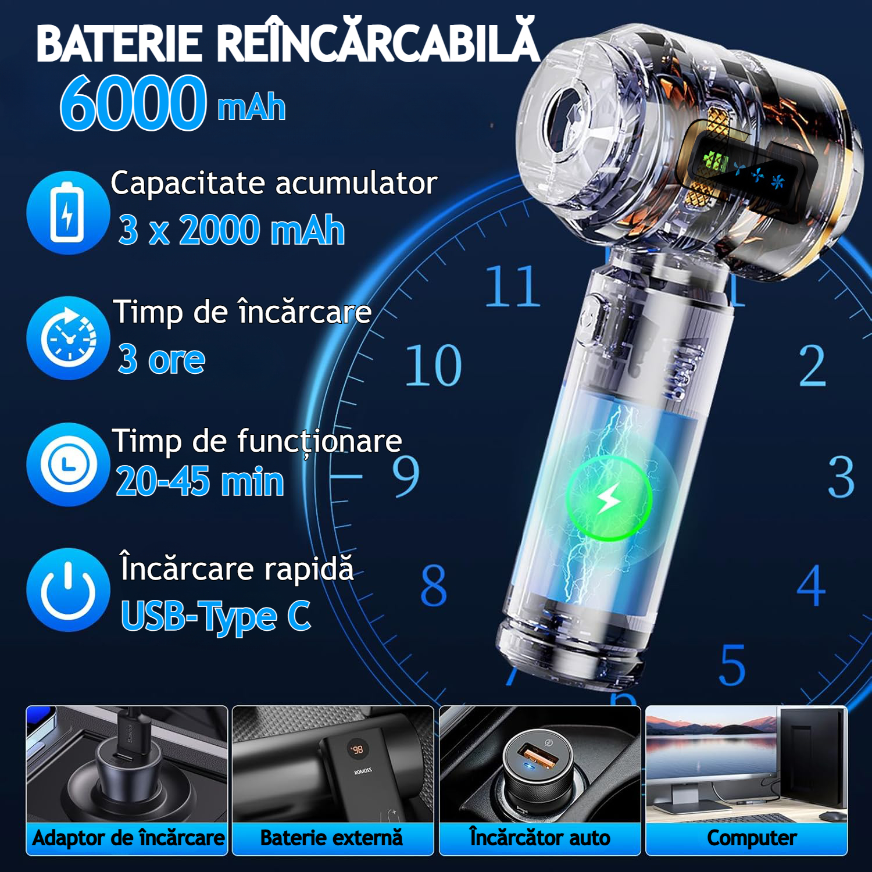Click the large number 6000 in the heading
[x=133, y=103]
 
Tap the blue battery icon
[x=68, y=213]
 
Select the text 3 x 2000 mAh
[x=231, y=230]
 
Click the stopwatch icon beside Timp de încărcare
[x=68, y=338]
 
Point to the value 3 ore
[x=162, y=359]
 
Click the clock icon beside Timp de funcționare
[x=68, y=464]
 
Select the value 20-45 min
[x=200, y=482]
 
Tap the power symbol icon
[x=68, y=589]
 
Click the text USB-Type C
[x=216, y=616]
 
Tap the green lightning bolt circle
[x=609, y=498]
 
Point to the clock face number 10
[x=434, y=366]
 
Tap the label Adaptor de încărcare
[x=128, y=838]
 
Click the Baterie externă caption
[x=331, y=838]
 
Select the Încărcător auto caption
[x=540, y=838]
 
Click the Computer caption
[x=752, y=838]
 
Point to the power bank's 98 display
[x=358, y=749]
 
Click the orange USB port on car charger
[x=534, y=756]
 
